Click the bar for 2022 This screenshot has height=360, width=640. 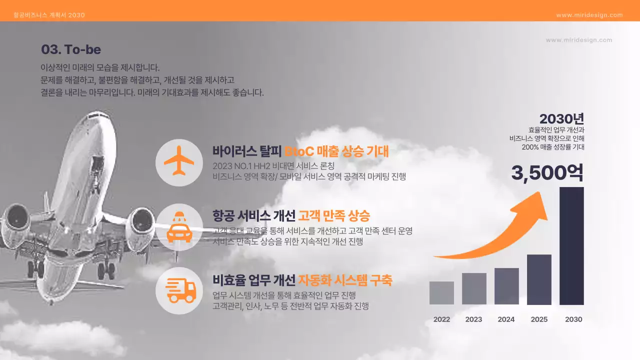point(441,293)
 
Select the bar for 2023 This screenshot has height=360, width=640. point(474,288)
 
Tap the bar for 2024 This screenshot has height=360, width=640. point(506,286)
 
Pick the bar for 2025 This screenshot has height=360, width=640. point(539,279)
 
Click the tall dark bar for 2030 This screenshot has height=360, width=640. point(571,245)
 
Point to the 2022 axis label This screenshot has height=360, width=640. point(441,319)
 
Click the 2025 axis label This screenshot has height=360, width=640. point(539,319)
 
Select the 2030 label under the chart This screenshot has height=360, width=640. point(573,319)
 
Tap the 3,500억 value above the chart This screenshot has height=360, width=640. point(547,173)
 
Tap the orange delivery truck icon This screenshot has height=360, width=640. point(179,290)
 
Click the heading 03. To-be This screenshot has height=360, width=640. point(71,49)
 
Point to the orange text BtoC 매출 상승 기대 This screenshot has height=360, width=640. point(336,151)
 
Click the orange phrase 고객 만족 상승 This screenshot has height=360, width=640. point(334,215)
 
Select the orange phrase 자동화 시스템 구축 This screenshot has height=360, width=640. point(345,279)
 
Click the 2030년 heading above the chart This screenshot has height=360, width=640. point(561,119)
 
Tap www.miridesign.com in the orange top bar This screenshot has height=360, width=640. point(589,15)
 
